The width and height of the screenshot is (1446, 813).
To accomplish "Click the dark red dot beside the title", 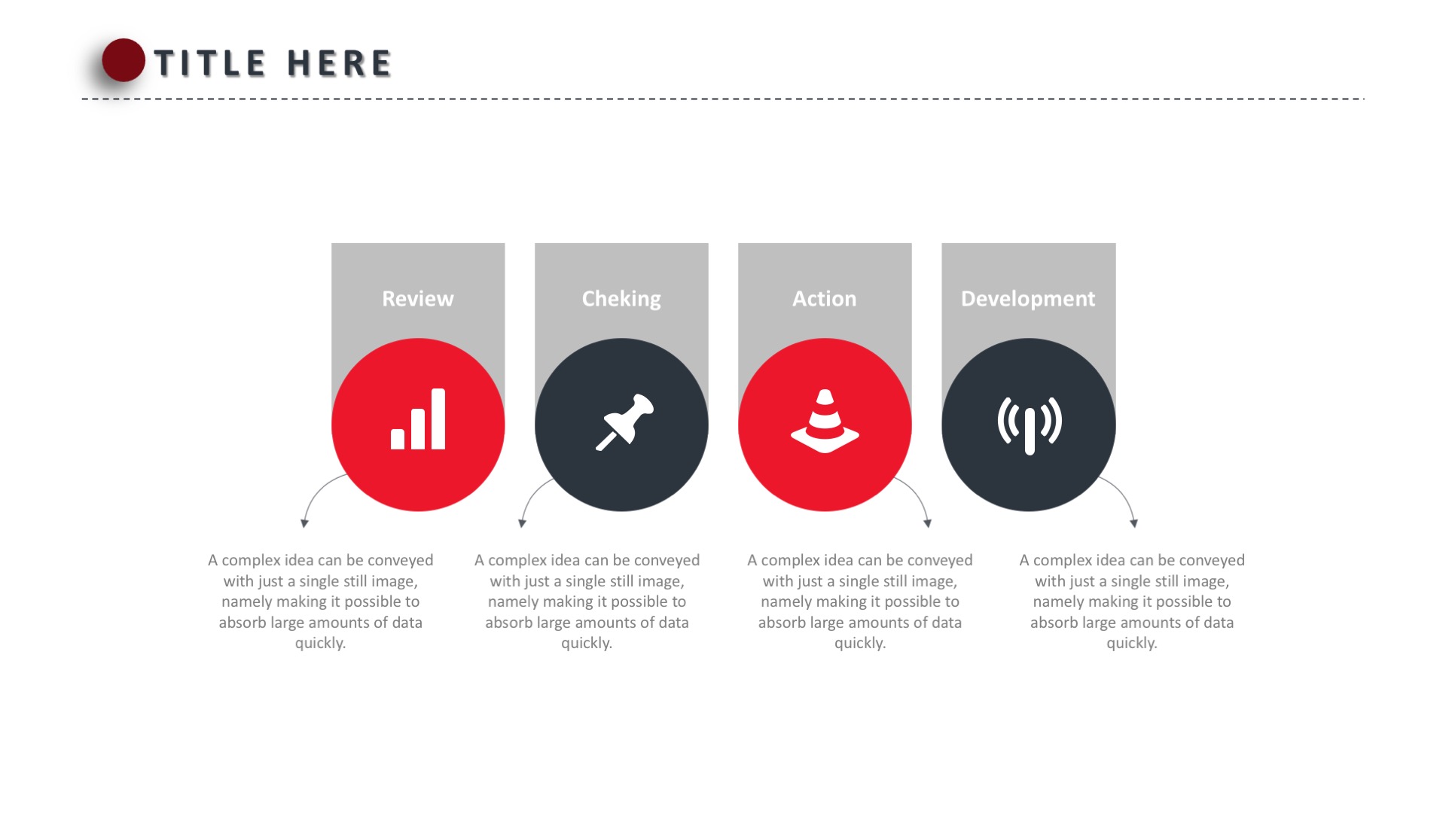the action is pyautogui.click(x=124, y=60).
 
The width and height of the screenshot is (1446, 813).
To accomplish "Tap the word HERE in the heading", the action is pyautogui.click(x=340, y=63).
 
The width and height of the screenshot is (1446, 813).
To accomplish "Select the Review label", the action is pyautogui.click(x=418, y=299).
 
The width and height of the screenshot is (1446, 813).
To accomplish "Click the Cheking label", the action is pyautogui.click(x=621, y=299).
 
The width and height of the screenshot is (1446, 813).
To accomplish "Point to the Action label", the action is pyautogui.click(x=825, y=299).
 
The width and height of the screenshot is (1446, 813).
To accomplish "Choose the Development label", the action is pyautogui.click(x=1028, y=299).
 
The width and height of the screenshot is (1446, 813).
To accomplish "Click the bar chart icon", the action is pyautogui.click(x=418, y=419).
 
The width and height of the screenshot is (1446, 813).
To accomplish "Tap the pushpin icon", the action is pyautogui.click(x=624, y=422).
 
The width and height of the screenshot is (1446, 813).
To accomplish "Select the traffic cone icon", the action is pyautogui.click(x=825, y=422).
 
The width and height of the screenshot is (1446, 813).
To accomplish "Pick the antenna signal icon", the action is pyautogui.click(x=1030, y=425).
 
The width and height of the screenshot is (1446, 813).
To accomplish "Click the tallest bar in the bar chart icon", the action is pyautogui.click(x=438, y=419).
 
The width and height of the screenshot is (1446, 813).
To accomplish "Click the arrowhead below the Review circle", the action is pyautogui.click(x=304, y=523).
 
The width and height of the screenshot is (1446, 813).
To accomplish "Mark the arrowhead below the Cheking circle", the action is pyautogui.click(x=523, y=523).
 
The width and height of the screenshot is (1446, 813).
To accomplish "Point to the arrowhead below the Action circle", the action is pyautogui.click(x=928, y=523).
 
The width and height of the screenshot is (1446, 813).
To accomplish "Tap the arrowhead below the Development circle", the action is pyautogui.click(x=1134, y=523).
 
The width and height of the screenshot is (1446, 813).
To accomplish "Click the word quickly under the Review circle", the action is pyautogui.click(x=320, y=644).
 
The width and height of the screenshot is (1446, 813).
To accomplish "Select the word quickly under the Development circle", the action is pyautogui.click(x=1132, y=644).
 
